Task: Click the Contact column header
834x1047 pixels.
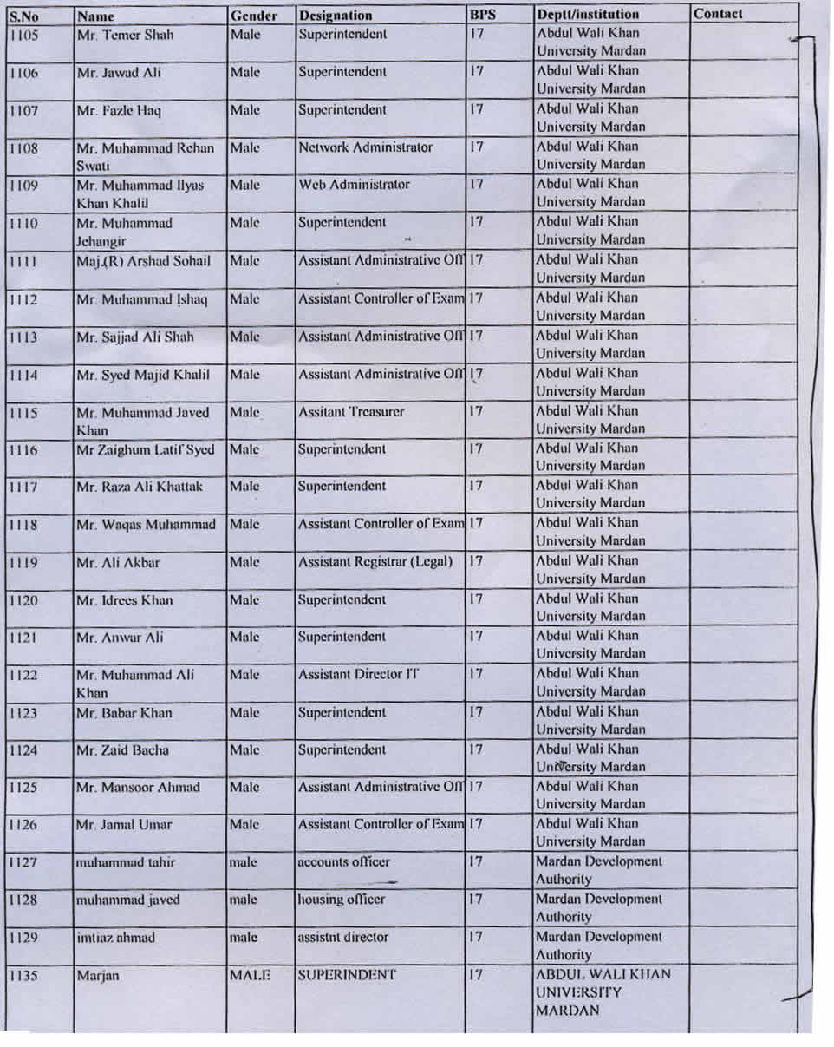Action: point(718,14)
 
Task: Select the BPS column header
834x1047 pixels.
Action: point(482,14)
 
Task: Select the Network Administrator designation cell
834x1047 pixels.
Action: point(365,147)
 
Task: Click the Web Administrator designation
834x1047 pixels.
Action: point(354,184)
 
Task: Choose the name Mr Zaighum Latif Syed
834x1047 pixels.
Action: point(146,449)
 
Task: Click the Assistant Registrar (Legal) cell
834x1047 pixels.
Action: point(375,561)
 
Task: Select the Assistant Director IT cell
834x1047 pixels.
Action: point(358,673)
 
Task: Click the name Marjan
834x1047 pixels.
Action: point(97,976)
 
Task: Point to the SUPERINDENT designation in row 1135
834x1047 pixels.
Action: point(347,974)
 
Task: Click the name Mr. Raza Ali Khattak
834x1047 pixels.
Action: point(140,487)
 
